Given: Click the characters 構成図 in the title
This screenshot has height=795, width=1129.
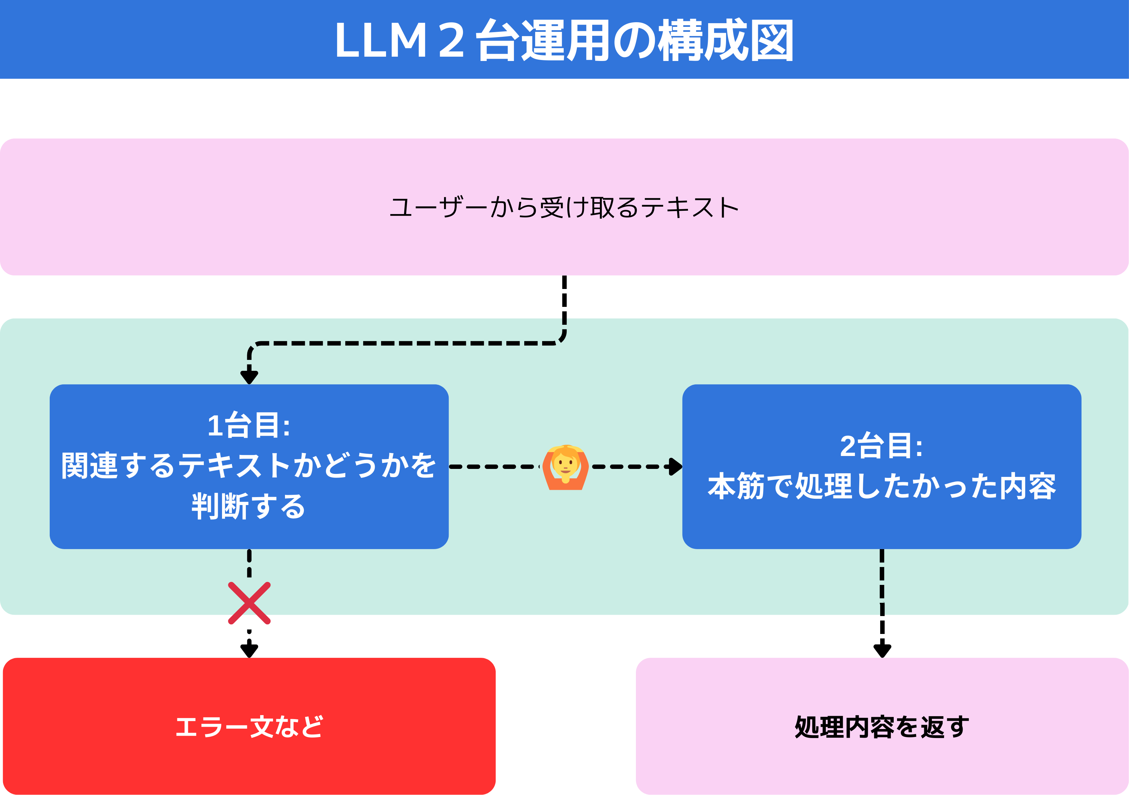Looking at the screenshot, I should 725,41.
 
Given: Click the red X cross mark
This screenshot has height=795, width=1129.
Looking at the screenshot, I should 249,603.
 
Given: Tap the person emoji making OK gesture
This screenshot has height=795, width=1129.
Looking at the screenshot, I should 565,467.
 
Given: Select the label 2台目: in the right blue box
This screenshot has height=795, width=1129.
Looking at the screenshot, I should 881,446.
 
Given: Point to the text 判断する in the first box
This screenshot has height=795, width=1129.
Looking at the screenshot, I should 249,506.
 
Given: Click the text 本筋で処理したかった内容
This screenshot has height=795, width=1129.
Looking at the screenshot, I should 881,487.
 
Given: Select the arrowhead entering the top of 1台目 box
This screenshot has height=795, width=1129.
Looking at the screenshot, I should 249,376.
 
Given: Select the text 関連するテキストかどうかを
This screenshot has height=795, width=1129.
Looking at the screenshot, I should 249,466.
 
